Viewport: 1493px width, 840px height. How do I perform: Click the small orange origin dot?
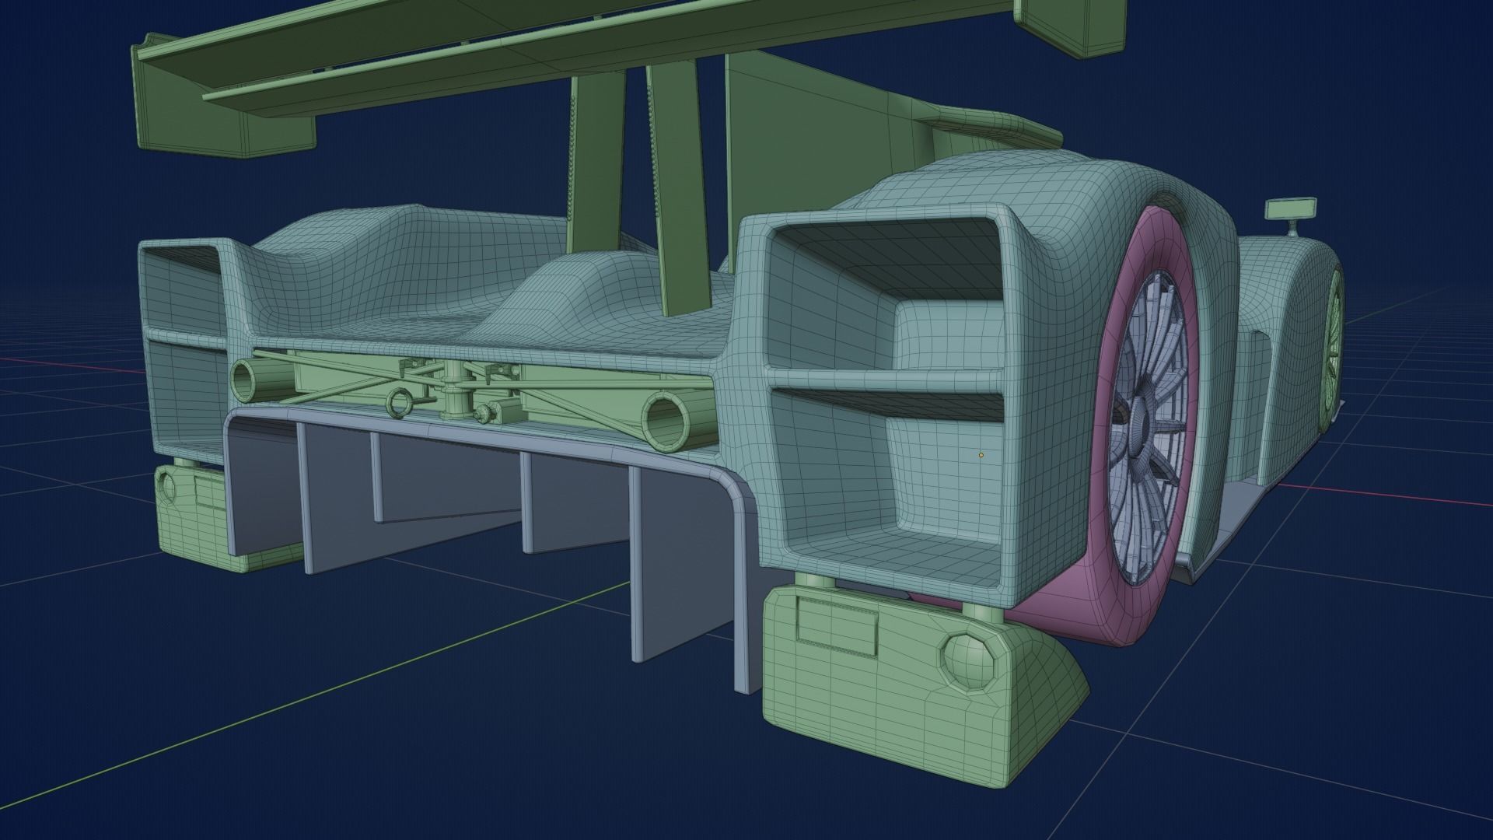pos(981,455)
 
